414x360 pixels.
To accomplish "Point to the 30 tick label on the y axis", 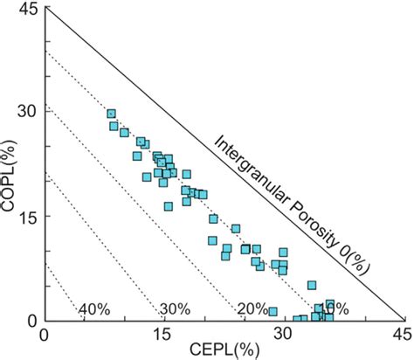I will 28,112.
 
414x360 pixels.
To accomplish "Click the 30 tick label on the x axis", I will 283,335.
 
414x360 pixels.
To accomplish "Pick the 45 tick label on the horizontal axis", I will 402,335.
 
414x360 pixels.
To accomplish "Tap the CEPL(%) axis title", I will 224,350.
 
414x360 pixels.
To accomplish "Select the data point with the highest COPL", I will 111,114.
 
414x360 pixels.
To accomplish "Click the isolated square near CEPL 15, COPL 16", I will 168,206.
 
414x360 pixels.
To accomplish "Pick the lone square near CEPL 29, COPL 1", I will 273,311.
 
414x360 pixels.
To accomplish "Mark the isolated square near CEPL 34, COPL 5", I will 312,285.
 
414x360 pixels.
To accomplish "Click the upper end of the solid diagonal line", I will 45,9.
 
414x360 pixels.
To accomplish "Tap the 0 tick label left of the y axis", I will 33,320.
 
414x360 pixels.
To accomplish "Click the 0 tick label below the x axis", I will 45,335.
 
